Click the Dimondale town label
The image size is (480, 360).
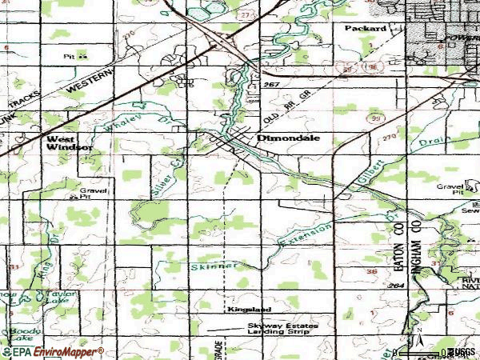(289, 138)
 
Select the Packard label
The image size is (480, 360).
(366, 28)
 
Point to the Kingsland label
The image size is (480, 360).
(249, 309)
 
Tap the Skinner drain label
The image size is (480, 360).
(214, 265)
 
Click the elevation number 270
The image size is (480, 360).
(389, 138)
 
